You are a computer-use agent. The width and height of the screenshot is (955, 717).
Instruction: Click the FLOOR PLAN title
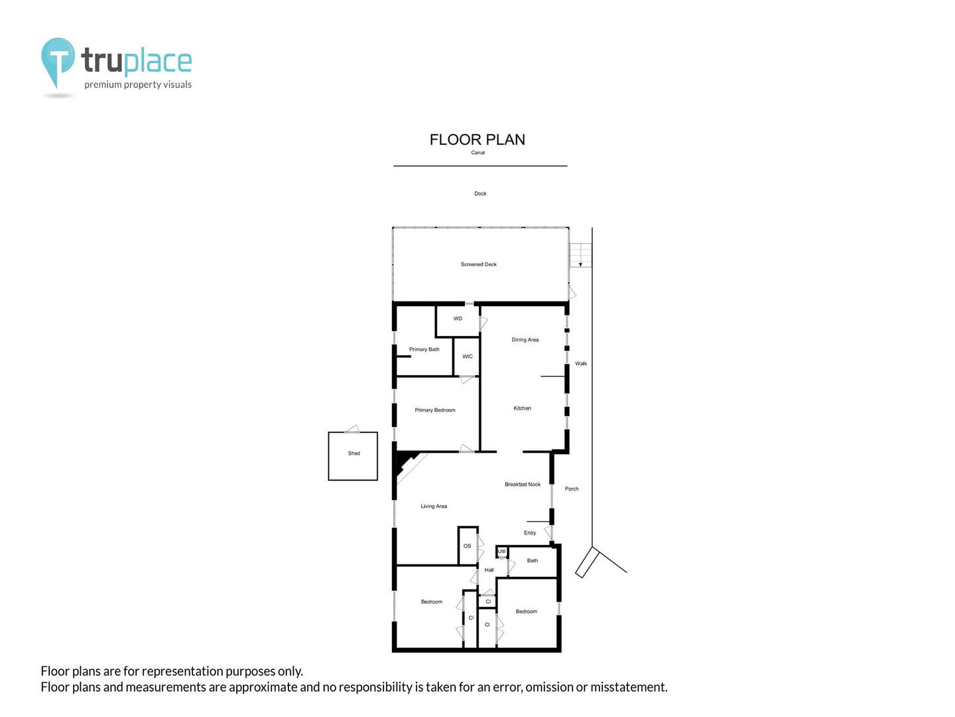(x=477, y=139)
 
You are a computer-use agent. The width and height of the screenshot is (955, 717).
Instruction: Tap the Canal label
(x=477, y=153)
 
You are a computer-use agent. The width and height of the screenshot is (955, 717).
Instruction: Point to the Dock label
(x=480, y=194)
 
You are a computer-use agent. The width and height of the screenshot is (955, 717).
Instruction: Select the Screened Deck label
(x=478, y=264)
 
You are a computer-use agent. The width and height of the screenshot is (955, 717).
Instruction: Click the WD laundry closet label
(x=458, y=319)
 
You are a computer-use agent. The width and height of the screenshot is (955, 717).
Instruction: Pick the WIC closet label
(x=468, y=357)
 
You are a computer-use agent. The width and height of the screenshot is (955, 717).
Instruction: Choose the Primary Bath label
(x=424, y=349)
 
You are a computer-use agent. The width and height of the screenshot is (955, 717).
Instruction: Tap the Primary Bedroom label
(x=435, y=410)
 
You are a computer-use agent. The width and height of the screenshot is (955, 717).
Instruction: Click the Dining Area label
(x=525, y=340)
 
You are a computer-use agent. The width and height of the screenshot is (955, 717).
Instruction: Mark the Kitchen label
(x=522, y=408)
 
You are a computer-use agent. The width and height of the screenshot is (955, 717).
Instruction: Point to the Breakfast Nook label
(x=522, y=485)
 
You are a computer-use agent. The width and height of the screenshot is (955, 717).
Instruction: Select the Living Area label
(x=434, y=507)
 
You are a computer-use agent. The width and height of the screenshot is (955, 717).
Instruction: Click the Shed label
(x=353, y=453)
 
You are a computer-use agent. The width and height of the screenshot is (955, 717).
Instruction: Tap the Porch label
(x=571, y=489)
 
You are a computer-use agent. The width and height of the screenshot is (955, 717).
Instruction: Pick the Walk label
(x=581, y=364)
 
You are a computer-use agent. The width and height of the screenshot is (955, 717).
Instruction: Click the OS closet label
(x=467, y=546)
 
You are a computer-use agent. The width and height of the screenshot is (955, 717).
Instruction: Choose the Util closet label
(x=501, y=552)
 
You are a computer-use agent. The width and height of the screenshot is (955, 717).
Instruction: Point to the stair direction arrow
(x=580, y=264)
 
